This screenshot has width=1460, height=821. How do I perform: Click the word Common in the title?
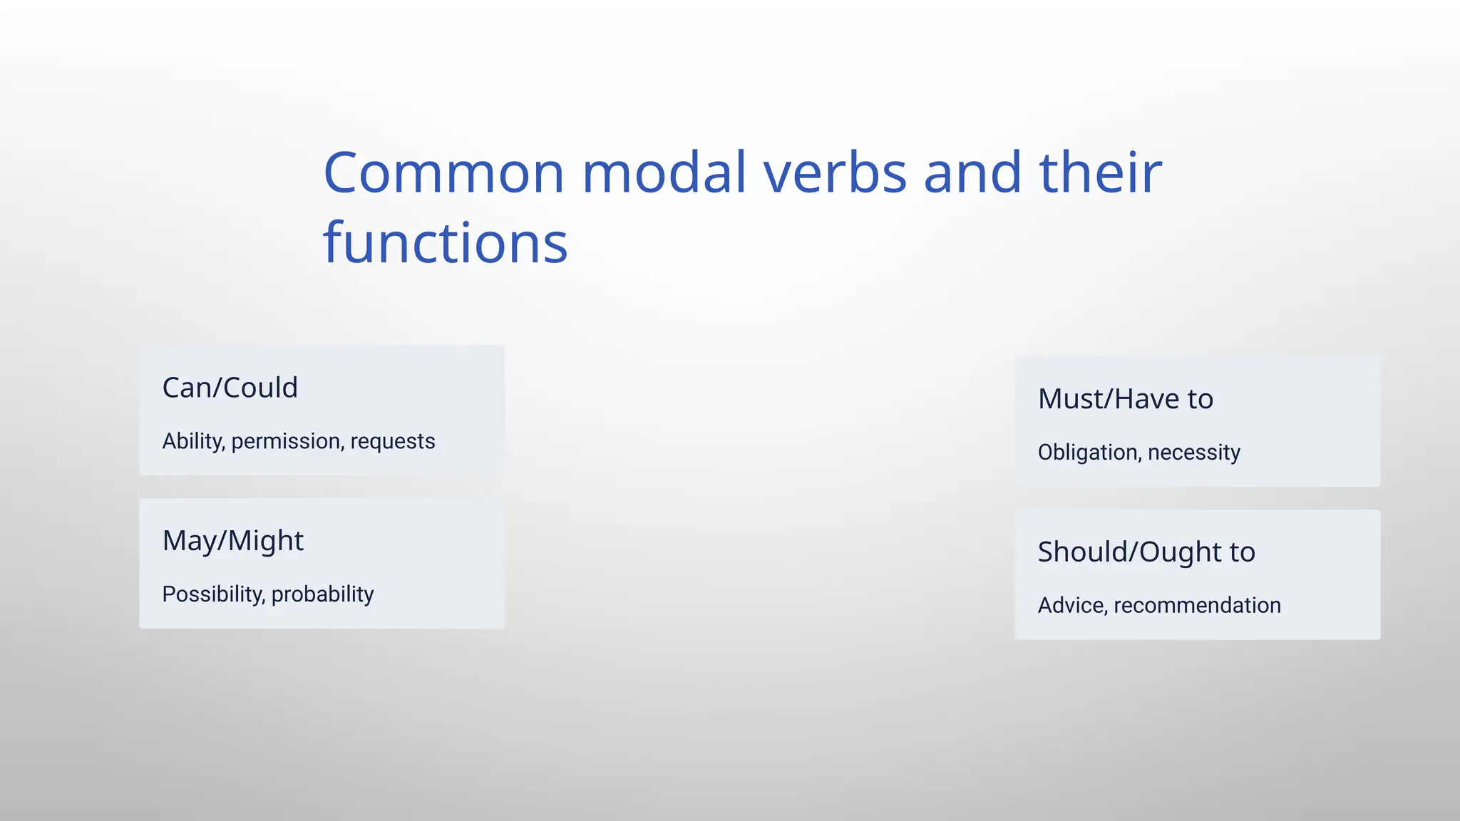(443, 173)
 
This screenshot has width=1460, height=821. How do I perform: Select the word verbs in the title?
(835, 173)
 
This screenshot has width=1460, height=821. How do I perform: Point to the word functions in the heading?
(445, 244)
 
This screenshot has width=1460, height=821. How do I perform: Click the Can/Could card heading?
(230, 388)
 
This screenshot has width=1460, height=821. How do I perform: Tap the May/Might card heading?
(232, 541)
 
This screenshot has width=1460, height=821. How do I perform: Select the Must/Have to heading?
(1125, 399)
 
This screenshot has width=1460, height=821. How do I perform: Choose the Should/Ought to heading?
(1146, 552)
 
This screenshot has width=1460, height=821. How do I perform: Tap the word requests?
(392, 442)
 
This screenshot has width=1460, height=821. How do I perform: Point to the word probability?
(322, 594)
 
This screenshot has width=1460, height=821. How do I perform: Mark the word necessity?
(1194, 453)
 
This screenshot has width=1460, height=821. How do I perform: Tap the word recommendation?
(1197, 606)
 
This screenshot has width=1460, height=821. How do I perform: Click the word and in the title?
(972, 173)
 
